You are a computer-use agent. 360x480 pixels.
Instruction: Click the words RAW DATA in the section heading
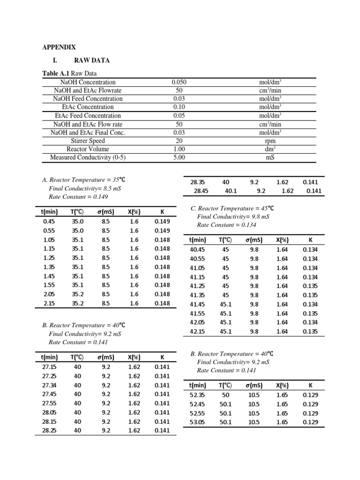coord(92,60)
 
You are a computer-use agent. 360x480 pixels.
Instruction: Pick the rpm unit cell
coord(270,141)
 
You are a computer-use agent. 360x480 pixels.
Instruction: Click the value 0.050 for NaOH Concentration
coord(179,82)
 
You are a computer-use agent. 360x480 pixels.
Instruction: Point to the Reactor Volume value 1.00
coord(179,149)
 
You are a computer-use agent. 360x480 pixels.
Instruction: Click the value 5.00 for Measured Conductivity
coord(179,157)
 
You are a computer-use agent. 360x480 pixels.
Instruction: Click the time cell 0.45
coord(49,221)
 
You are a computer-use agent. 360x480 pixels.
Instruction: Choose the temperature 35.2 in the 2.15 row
coord(78,303)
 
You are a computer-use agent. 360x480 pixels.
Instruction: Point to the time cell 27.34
coord(49,385)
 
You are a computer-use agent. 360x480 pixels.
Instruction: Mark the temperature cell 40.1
coord(231,191)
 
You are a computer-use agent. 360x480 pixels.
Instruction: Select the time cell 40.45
coord(197,249)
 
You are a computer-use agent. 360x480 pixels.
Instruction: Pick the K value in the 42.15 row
coord(310,331)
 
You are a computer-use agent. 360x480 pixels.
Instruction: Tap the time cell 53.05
coord(197,422)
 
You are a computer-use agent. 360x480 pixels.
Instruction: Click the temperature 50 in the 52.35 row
coord(225,395)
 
